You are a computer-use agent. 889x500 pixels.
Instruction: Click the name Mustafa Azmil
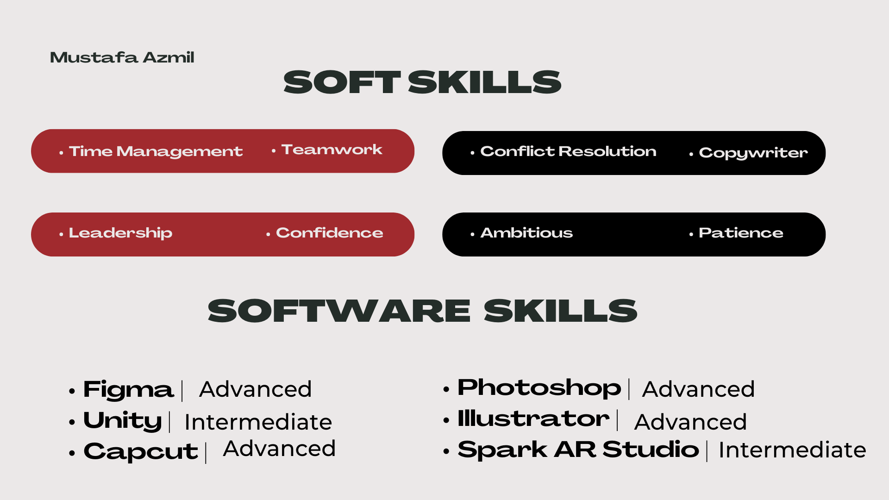(122, 57)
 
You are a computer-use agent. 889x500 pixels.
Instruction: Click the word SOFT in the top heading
(342, 82)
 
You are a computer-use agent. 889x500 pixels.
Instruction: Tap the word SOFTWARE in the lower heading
(339, 311)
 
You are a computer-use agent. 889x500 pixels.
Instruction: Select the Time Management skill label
(156, 152)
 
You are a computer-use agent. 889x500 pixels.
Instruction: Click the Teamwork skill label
(332, 150)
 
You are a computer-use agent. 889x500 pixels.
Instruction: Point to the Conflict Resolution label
(568, 151)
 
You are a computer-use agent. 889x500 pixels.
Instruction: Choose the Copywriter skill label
(753, 153)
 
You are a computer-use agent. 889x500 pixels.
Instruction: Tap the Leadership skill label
(120, 233)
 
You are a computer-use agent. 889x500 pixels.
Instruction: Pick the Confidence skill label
(330, 232)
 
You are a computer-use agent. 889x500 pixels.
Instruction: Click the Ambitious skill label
(526, 232)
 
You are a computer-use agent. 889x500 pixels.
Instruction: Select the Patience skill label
(741, 232)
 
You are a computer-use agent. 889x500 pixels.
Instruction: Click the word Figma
(128, 390)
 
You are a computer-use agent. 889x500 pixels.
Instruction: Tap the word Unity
(123, 421)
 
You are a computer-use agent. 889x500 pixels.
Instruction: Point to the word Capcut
(141, 452)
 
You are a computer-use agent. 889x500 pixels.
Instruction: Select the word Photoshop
(539, 388)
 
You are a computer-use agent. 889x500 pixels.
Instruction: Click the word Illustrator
(533, 419)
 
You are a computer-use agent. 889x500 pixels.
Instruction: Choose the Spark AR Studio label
(578, 450)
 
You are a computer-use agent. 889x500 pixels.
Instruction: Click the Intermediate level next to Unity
(258, 422)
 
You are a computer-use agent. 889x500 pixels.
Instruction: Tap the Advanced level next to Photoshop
(698, 389)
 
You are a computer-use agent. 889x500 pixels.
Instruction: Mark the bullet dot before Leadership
(61, 234)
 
